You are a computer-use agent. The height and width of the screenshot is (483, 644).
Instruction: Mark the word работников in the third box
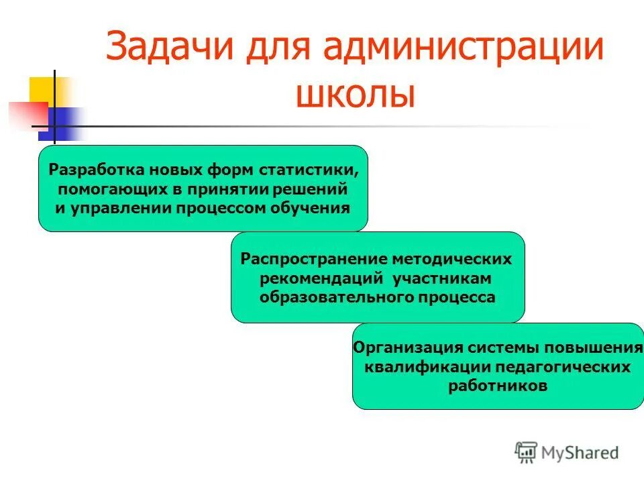(498, 386)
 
